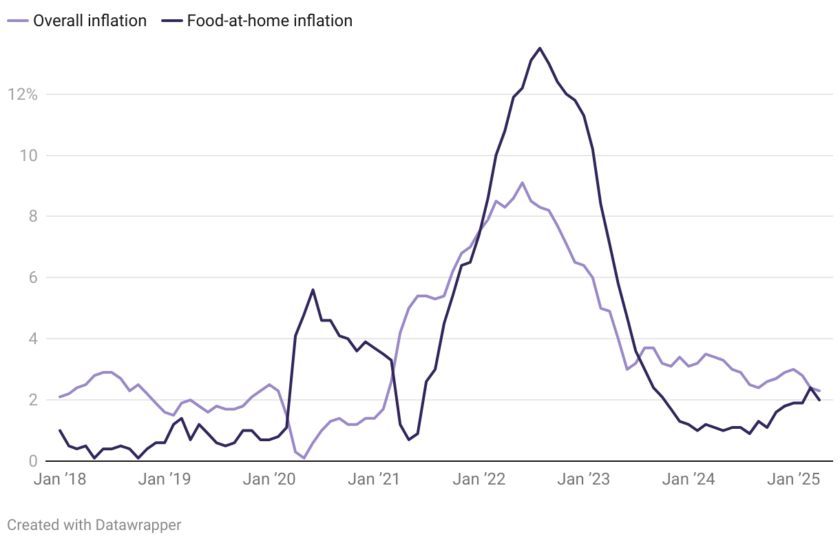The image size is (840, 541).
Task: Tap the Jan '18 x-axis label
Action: (60, 480)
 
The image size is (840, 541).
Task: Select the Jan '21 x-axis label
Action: (373, 480)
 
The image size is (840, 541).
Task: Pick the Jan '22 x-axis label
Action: (478, 480)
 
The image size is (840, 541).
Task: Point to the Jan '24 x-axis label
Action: (687, 480)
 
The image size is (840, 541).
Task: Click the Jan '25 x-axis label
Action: (792, 480)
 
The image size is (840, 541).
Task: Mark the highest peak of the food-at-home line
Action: (540, 48)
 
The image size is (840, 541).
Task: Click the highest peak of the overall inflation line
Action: (523, 182)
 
